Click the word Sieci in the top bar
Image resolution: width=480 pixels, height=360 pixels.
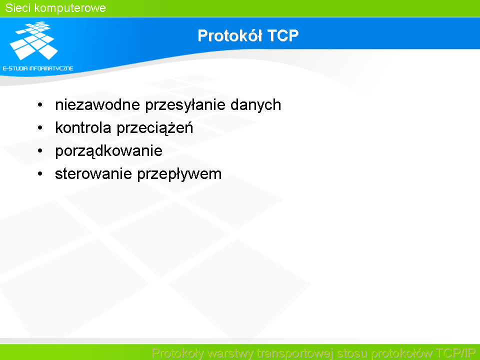tap(17, 8)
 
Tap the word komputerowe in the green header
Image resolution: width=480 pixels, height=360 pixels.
tap(70, 8)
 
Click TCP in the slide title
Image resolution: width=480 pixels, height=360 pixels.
tap(283, 35)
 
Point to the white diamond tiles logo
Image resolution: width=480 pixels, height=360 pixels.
tap(33, 40)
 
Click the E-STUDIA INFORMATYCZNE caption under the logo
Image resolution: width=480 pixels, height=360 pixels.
tap(38, 68)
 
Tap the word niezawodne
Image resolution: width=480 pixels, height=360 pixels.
tap(97, 104)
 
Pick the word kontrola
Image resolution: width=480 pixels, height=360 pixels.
tap(83, 127)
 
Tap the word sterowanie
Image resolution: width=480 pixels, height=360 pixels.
tap(93, 174)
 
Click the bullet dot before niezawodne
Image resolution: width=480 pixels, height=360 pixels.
tap(40, 105)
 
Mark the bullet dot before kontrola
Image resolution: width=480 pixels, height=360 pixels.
tap(40, 128)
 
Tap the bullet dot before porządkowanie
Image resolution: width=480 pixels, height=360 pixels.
tap(40, 151)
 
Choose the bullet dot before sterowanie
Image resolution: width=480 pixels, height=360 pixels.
tap(40, 174)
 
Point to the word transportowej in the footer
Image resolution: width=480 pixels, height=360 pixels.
tap(294, 353)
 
